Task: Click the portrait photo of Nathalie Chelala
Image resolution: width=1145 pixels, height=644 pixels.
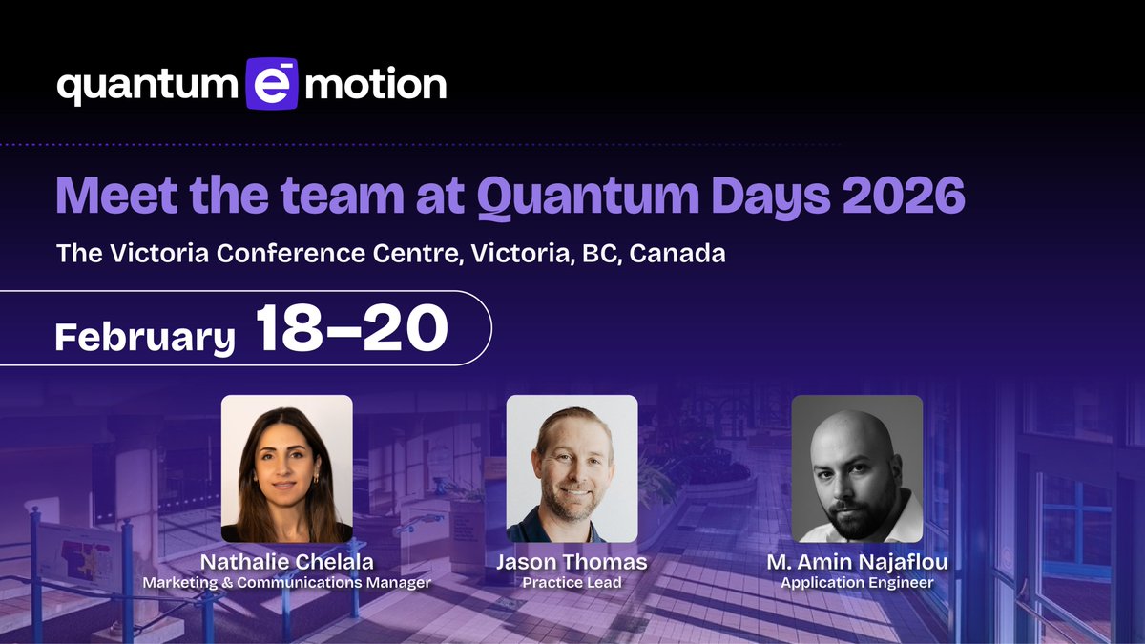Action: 287,468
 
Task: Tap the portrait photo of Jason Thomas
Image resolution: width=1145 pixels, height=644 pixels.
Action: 572,468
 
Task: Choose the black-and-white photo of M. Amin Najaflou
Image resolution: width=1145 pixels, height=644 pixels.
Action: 857,468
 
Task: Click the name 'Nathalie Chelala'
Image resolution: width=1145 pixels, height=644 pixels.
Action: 286,563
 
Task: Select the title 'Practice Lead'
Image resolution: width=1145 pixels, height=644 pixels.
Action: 571,583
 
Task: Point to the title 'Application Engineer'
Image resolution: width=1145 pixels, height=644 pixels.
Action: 857,583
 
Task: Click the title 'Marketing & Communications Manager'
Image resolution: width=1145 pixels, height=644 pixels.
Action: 286,583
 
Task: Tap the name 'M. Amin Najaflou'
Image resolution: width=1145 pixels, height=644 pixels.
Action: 857,563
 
